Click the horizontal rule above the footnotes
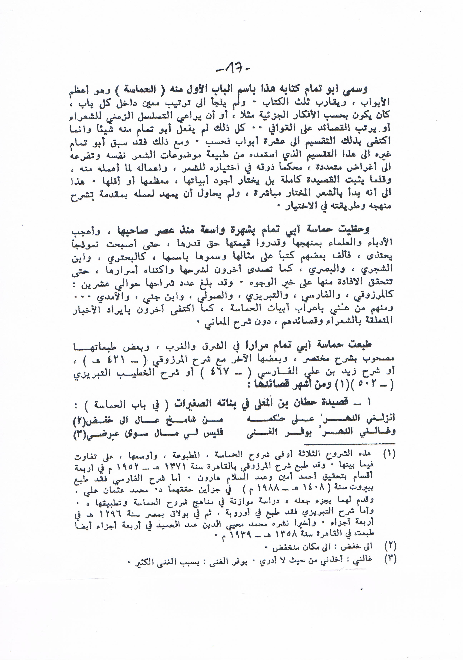point(234,444)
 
